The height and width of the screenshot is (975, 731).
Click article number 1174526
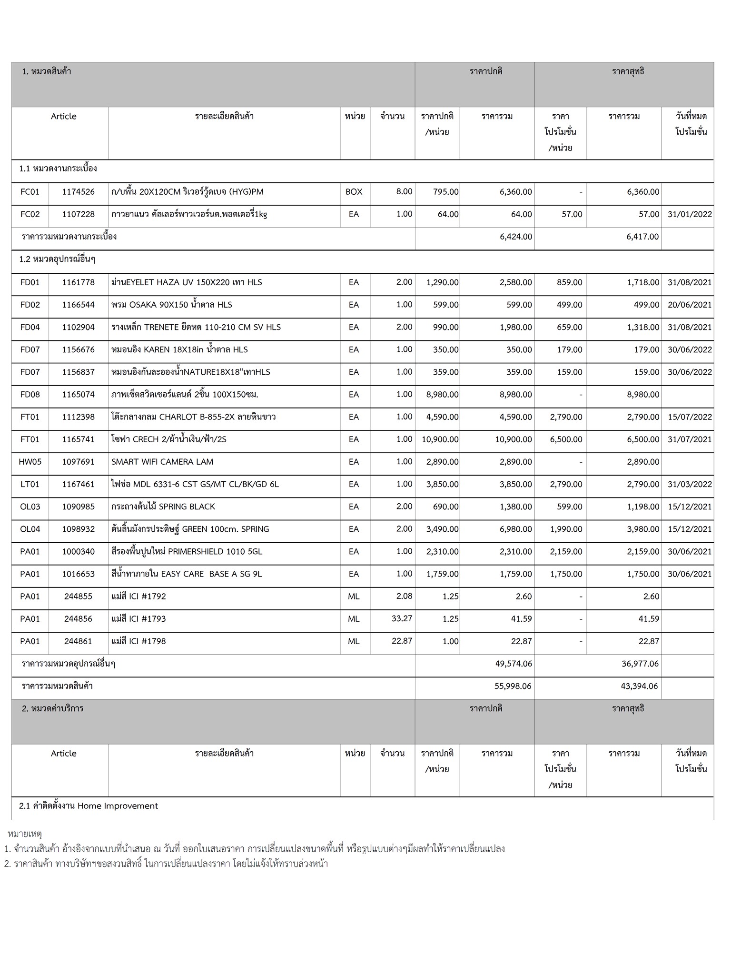coord(78,192)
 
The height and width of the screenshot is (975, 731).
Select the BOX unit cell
coord(354,192)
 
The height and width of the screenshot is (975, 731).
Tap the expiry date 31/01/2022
coord(690,214)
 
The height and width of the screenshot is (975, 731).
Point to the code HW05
coord(30,462)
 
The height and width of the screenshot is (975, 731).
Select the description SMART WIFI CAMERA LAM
coord(162,462)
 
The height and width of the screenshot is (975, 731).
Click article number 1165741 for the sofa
coord(78,439)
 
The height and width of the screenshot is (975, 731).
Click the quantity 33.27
coord(402,618)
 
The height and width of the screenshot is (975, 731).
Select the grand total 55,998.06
coord(513,686)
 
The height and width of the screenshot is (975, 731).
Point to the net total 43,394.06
coord(640,686)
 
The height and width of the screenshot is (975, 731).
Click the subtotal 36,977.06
coord(640,664)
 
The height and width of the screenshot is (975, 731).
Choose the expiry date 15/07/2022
coord(690,417)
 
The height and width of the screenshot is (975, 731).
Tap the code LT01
coord(30,484)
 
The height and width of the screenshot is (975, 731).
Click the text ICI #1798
coord(147,641)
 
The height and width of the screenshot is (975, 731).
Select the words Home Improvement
coord(118,806)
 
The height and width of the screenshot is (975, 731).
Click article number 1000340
coord(78,552)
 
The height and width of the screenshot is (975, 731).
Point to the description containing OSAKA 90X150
coord(171,305)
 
